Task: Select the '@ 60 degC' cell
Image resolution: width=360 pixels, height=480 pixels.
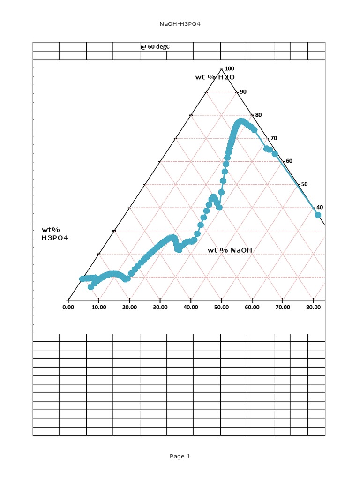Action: point(155,46)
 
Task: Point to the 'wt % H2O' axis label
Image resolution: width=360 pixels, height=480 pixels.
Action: point(215,77)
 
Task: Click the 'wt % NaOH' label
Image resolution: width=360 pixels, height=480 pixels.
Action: point(230,250)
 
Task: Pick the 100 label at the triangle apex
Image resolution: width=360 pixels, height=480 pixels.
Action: point(230,68)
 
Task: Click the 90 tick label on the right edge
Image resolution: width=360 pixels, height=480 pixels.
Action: point(243,92)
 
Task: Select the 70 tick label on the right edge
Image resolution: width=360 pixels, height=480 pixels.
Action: point(274,138)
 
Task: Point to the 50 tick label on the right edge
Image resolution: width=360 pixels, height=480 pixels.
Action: point(305,184)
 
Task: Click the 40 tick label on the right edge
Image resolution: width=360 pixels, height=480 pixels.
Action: point(320,207)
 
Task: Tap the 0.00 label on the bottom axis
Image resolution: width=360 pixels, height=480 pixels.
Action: point(68,307)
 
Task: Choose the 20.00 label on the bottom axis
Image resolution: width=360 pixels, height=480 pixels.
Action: point(129,307)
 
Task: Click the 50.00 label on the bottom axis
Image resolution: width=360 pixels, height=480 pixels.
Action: point(221,307)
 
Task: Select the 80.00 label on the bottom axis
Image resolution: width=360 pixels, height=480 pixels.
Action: point(313,307)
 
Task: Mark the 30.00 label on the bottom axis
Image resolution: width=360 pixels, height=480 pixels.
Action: point(160,307)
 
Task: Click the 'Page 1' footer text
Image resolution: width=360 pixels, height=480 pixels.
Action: point(180,456)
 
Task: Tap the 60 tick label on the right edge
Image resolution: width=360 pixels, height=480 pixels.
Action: point(289,161)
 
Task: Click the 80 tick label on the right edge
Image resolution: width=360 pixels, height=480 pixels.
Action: point(258,115)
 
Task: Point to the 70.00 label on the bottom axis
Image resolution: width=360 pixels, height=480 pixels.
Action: point(283,307)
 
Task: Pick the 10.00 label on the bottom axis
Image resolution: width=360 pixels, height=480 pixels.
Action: point(98,307)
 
